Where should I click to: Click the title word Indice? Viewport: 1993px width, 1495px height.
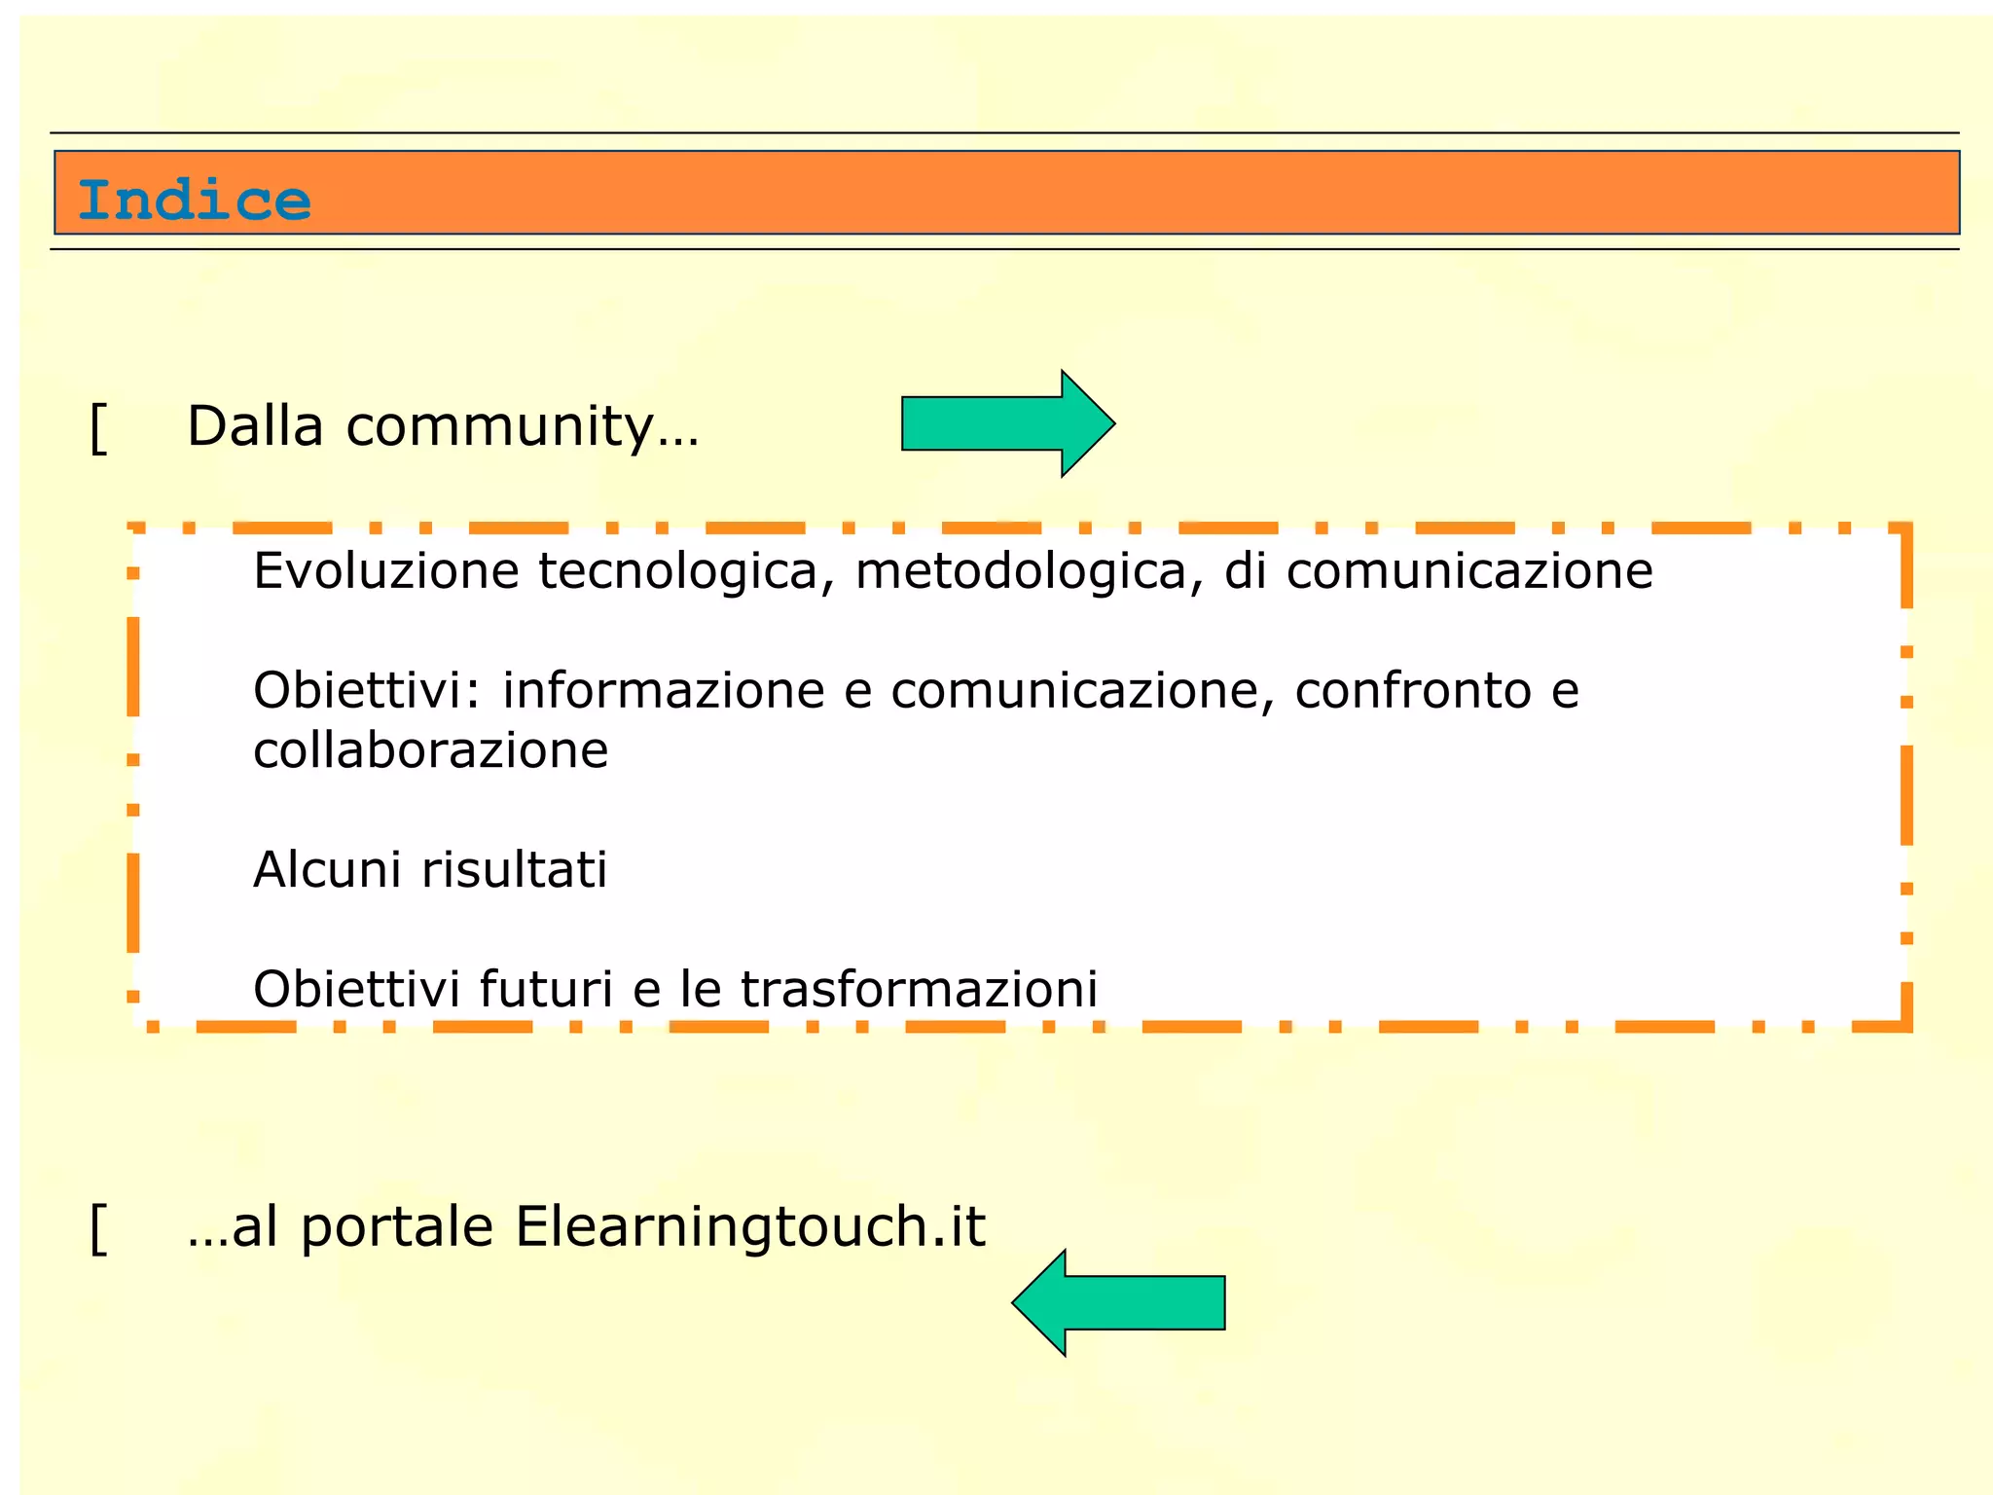[195, 200]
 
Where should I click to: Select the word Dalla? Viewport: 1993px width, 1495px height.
[255, 426]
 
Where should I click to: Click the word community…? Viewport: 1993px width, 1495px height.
[523, 428]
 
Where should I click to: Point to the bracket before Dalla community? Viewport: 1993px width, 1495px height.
[98, 428]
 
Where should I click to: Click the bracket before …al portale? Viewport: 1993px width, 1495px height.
[98, 1228]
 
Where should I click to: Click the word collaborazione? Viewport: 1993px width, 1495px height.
[430, 750]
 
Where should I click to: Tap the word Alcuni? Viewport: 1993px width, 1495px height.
[327, 869]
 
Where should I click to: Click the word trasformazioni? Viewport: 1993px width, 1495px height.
[919, 989]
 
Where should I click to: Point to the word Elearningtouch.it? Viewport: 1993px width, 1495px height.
[749, 1226]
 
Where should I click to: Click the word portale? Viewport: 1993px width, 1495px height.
[396, 1228]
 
